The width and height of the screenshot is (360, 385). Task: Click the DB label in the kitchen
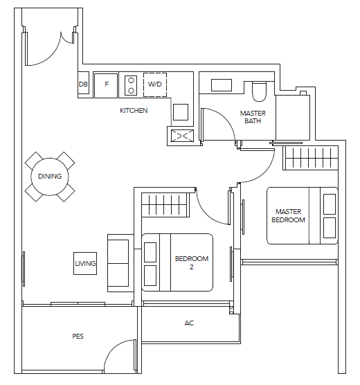coord(83,84)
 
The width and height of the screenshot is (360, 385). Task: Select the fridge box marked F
coord(106,85)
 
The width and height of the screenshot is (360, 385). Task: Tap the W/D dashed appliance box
coord(155,84)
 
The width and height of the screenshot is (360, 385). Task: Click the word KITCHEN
coord(134,111)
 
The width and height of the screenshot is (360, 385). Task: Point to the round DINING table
coord(50,177)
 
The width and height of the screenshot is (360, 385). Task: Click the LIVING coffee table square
coord(85,263)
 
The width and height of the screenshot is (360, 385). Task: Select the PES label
coord(78,336)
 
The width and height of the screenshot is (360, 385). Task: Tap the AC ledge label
coord(189,323)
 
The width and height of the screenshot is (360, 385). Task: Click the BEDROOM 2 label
coord(192,262)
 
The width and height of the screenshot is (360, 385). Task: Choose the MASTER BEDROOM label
coord(288,215)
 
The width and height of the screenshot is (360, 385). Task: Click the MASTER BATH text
coord(253,117)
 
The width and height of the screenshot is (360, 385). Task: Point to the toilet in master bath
coord(260,91)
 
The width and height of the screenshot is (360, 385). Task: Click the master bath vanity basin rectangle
coord(222,85)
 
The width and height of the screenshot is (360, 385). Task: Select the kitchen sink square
coord(181,112)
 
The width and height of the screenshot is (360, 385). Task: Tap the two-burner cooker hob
coord(131,85)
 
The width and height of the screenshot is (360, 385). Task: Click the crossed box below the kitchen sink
coord(182,136)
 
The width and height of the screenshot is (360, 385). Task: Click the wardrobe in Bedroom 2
coord(165,205)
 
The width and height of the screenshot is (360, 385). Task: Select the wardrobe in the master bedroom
coord(311,158)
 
